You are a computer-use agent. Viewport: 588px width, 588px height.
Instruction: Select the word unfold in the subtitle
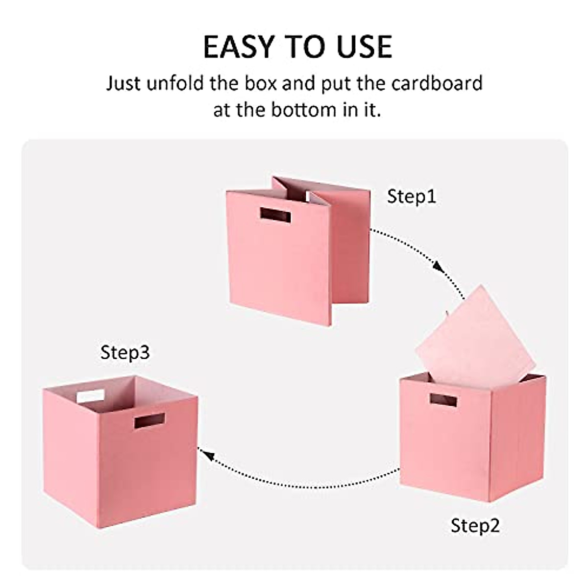173,83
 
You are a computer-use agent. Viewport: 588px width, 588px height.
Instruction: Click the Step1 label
411,196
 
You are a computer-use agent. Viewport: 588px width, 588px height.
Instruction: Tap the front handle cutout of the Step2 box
443,400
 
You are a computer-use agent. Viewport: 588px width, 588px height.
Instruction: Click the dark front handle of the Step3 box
150,420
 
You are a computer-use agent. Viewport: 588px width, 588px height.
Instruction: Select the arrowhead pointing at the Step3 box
209,456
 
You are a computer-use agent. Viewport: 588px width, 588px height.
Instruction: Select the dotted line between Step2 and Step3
304,485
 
